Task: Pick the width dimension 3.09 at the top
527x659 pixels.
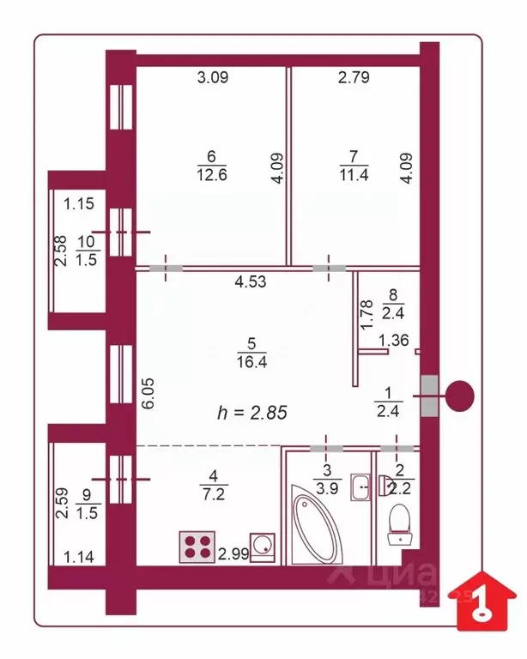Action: click(212, 79)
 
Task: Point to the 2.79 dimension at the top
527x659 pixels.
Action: click(353, 79)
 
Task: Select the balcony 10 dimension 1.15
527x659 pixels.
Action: click(79, 204)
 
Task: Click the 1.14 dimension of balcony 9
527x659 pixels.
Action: click(80, 557)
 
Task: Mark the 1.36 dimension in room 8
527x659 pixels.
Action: click(393, 340)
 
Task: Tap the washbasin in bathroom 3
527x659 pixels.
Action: click(362, 487)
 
